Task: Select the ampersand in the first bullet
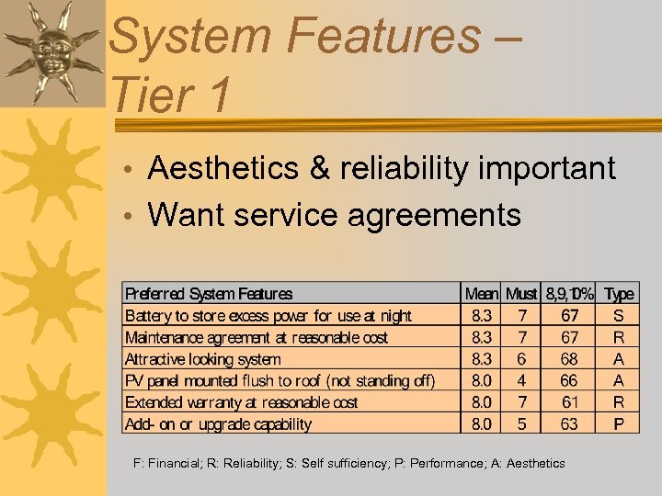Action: [322, 169]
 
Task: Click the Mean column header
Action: [482, 294]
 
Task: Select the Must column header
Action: [521, 294]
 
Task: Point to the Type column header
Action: [619, 294]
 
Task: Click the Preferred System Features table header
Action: [209, 294]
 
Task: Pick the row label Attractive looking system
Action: [203, 359]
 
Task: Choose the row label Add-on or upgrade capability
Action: [218, 424]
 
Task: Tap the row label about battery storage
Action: [268, 316]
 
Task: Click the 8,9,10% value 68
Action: [570, 359]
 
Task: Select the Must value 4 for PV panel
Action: [521, 380]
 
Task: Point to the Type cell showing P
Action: [619, 424]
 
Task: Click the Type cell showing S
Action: [619, 316]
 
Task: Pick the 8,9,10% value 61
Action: [570, 402]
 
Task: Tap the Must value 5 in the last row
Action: [521, 424]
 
